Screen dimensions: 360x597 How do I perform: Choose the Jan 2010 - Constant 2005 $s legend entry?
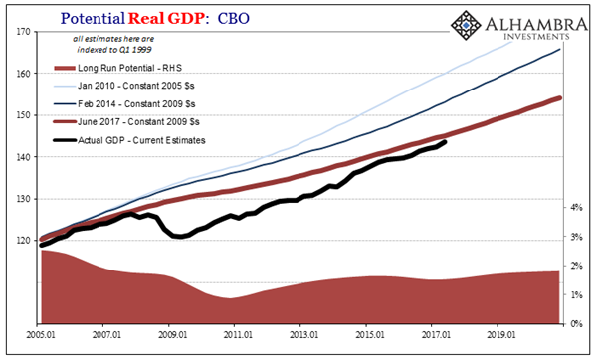click(x=150, y=85)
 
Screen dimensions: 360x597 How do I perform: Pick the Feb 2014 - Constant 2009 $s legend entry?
click(x=150, y=102)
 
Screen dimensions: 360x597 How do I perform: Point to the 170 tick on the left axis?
click(x=21, y=32)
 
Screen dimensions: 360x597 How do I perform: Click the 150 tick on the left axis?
click(x=21, y=115)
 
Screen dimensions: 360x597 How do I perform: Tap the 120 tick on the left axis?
click(x=21, y=241)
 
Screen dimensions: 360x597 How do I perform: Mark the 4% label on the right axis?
click(x=576, y=208)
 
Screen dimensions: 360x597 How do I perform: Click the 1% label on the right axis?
click(x=576, y=295)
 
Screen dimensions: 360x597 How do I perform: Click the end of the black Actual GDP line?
click(x=445, y=142)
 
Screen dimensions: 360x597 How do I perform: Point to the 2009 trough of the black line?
click(x=179, y=237)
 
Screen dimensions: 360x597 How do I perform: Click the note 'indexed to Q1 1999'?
click(x=111, y=48)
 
